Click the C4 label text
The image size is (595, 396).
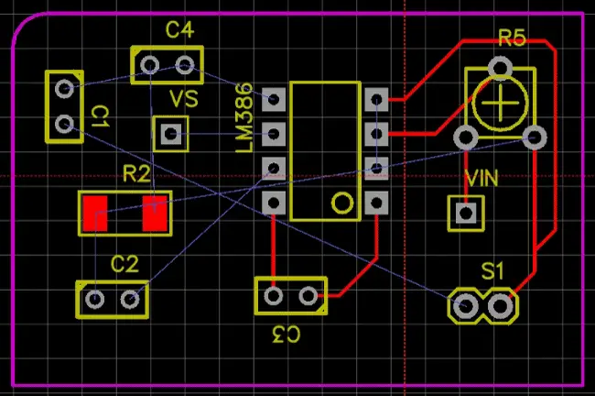(179, 30)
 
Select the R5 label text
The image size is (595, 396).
(512, 38)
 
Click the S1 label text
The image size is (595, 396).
(493, 270)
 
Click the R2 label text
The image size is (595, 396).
(136, 173)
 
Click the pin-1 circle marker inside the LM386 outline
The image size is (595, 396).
(341, 203)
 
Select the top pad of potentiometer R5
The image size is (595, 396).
(500, 67)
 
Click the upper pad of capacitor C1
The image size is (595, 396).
(63, 89)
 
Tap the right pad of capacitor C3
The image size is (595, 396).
(308, 295)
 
